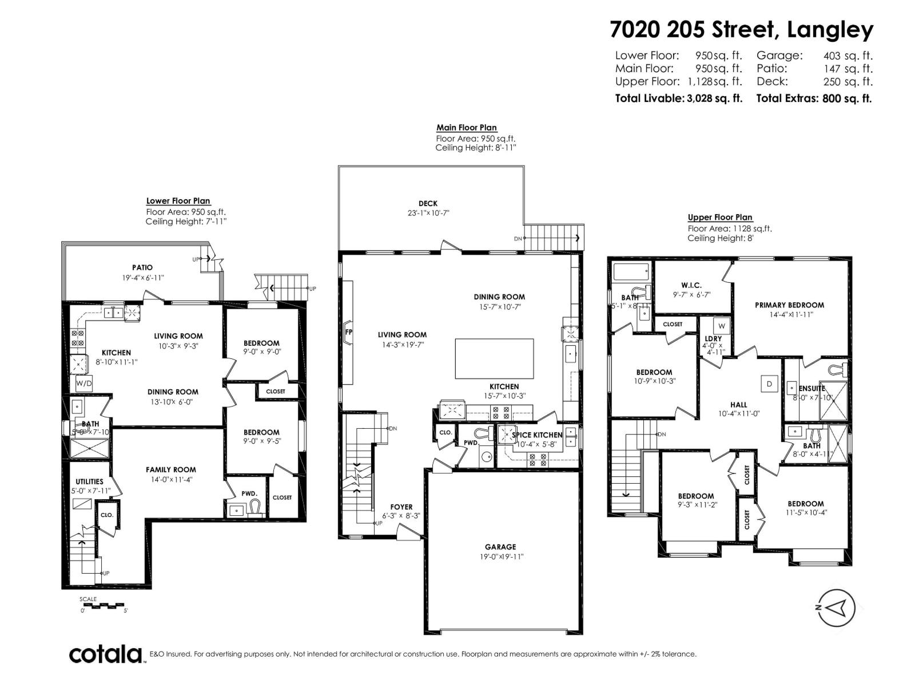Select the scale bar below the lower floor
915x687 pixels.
104,605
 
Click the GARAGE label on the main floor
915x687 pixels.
500,547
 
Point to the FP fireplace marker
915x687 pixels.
348,331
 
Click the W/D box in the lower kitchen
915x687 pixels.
83,382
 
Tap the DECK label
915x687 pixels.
428,203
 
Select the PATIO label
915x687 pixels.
142,267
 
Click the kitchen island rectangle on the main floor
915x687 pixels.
495,358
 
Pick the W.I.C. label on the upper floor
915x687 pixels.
691,285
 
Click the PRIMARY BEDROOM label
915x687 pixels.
789,305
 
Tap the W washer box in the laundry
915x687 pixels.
722,326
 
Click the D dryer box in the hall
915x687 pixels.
769,384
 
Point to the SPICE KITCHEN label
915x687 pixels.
537,435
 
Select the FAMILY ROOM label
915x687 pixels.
170,469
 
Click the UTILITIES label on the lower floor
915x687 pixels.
89,481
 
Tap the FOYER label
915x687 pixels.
401,507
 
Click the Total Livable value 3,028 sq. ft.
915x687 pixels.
714,98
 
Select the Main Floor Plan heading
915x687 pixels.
467,128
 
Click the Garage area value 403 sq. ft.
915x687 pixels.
848,56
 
